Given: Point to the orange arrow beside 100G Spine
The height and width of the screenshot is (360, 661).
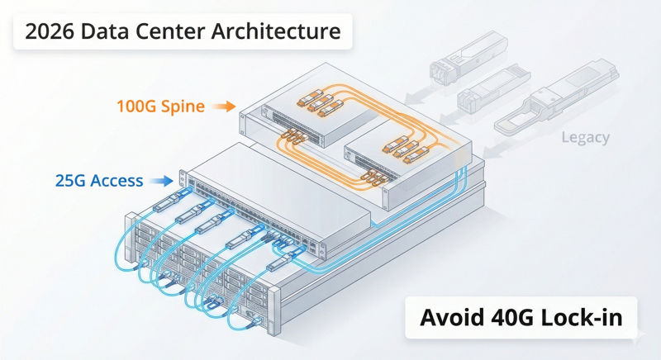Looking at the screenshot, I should pos(223,107).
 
